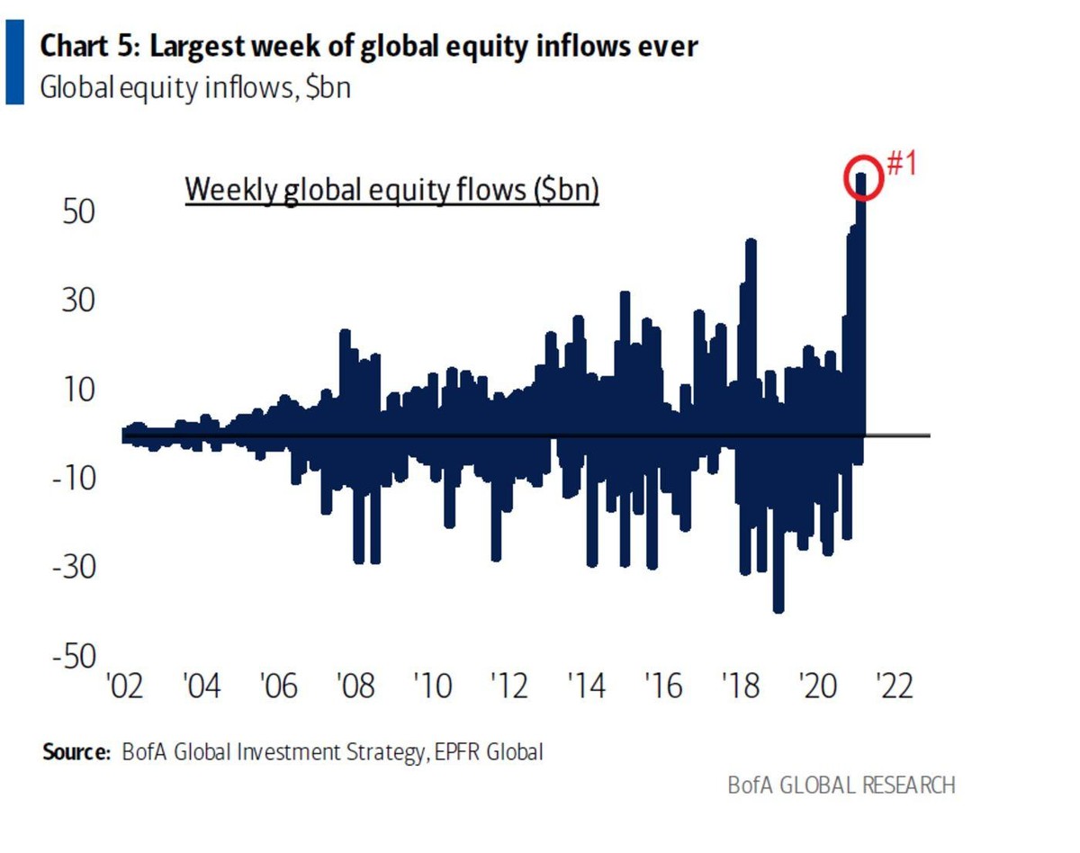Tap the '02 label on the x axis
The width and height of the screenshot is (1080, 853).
tap(125, 687)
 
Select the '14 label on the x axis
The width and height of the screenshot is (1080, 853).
tap(588, 687)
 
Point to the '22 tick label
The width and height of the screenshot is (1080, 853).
tap(896, 687)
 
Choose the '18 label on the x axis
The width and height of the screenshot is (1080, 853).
tap(742, 687)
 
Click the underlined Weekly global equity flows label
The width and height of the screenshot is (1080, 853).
tap(391, 192)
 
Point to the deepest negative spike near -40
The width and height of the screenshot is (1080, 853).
tap(778, 607)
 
